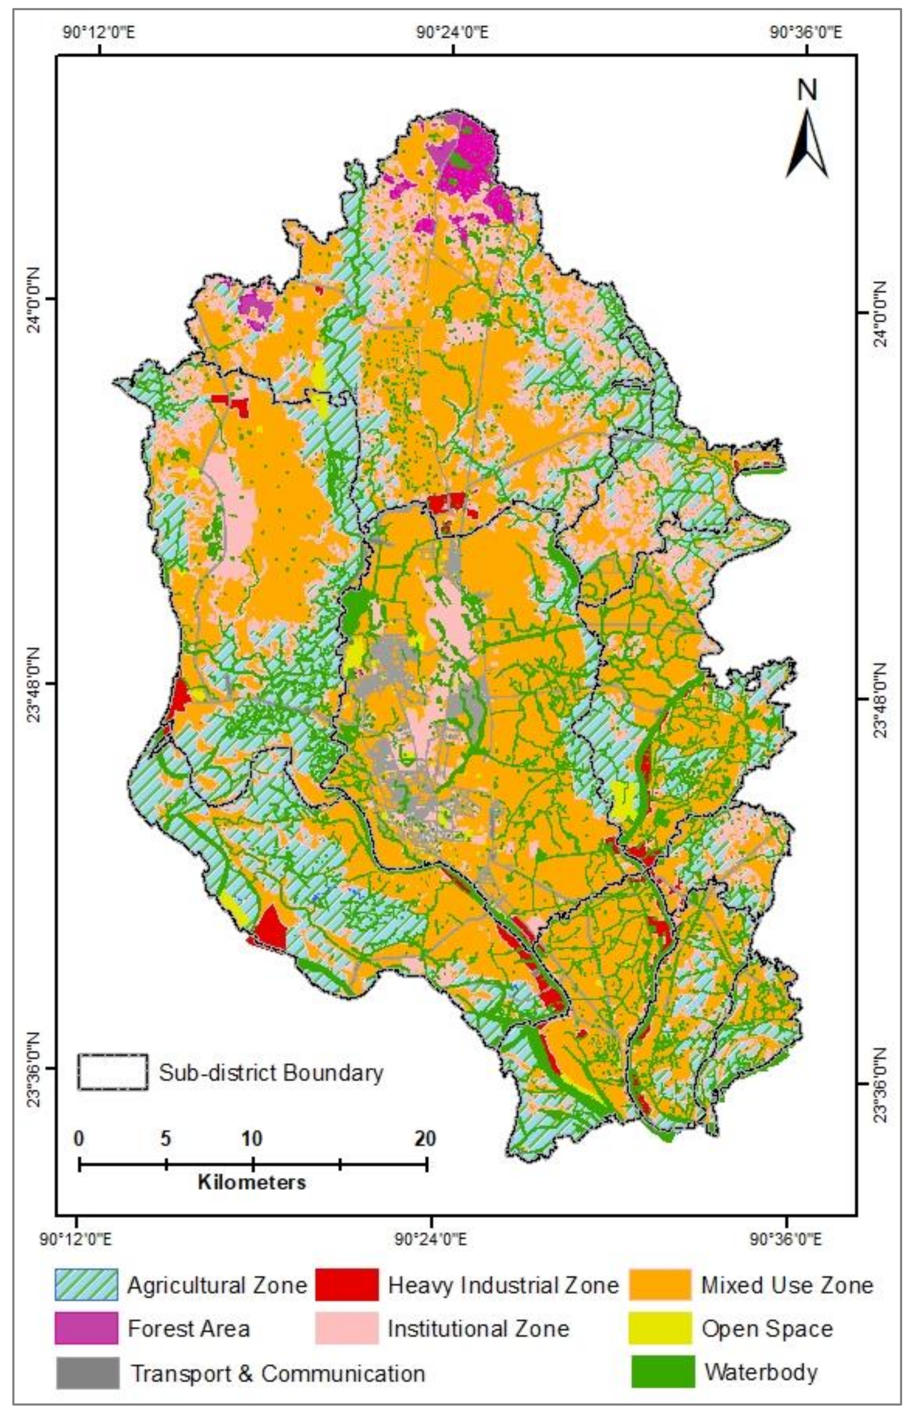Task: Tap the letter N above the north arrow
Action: click(807, 90)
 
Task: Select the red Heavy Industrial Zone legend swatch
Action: click(346, 1284)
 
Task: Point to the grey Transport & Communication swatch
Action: click(87, 1372)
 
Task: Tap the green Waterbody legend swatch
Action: click(662, 1371)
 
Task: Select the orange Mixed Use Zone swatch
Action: click(660, 1284)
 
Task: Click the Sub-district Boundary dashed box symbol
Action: click(112, 1072)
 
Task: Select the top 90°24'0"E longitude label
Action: click(452, 32)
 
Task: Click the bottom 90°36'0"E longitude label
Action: click(787, 1239)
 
